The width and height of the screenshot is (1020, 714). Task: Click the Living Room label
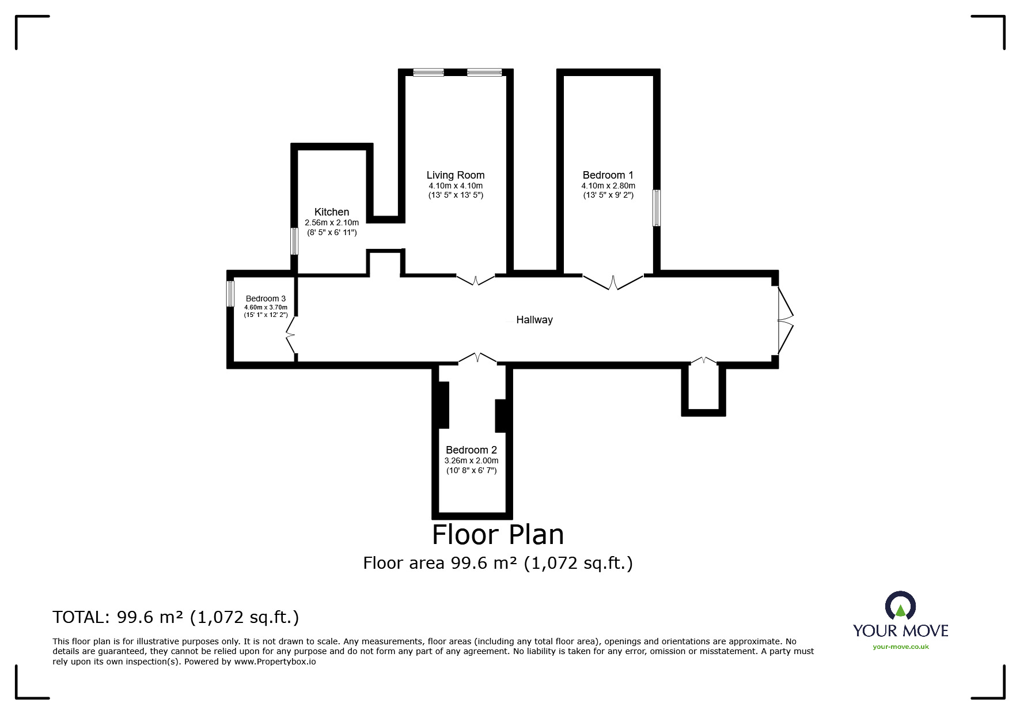[x=455, y=175]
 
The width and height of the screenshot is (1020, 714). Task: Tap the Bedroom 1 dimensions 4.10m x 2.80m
[x=608, y=186]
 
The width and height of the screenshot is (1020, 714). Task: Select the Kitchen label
[x=331, y=212]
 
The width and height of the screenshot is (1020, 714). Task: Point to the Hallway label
[x=534, y=320]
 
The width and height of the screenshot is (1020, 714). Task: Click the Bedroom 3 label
[x=266, y=299]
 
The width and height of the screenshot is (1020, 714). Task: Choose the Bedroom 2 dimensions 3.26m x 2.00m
[x=471, y=460]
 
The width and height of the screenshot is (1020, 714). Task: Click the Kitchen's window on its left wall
[x=294, y=241]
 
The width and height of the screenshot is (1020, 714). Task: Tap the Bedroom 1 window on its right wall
[x=656, y=208]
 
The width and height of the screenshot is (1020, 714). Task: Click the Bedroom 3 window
[x=230, y=294]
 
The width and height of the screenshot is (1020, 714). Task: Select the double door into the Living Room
[x=476, y=280]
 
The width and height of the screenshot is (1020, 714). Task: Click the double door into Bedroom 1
[x=613, y=282]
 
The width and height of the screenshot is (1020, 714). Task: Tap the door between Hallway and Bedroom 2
[x=477, y=358]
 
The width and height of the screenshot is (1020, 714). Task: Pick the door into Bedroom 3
[x=291, y=335]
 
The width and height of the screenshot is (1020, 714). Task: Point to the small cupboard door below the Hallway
[x=703, y=361]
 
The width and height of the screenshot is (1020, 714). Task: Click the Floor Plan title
[x=498, y=534]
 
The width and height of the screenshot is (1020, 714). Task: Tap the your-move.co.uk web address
[x=900, y=647]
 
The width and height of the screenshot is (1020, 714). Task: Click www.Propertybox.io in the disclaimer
[x=275, y=662]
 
